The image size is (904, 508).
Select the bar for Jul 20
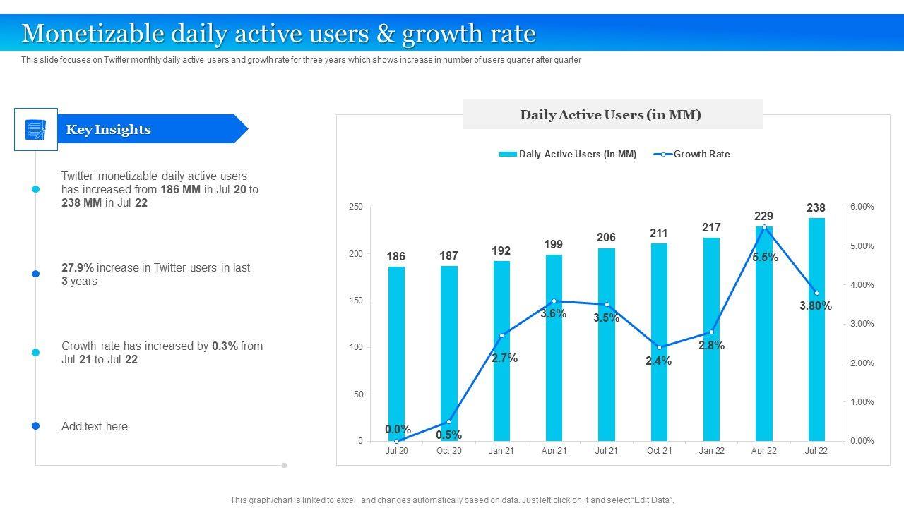396,353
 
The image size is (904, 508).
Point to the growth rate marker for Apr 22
764,226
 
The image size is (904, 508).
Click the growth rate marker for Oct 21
659,347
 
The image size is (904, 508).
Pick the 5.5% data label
765,258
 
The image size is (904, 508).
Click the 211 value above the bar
658,233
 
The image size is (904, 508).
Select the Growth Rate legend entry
701,154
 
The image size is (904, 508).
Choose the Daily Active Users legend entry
577,154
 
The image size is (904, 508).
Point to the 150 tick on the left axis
355,301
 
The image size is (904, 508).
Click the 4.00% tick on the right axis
862,285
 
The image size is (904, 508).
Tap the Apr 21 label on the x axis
554,451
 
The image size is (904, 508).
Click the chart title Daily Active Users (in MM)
610,115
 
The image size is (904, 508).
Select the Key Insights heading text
108,129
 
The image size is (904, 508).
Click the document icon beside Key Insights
35,129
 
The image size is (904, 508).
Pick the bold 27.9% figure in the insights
78,268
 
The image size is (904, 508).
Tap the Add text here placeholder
95,426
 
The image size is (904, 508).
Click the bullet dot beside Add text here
35,426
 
